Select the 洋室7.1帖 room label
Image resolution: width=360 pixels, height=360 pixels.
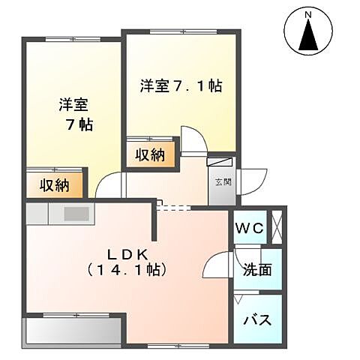click(180, 85)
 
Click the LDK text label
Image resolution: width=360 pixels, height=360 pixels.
click(125, 253)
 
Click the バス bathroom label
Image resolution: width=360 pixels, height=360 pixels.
click(256, 319)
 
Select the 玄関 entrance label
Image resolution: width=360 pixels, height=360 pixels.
click(223, 181)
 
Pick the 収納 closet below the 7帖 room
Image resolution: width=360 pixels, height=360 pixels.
click(55, 184)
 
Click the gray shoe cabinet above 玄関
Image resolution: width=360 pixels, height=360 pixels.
click(222, 161)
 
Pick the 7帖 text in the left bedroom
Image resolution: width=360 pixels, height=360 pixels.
click(79, 124)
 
